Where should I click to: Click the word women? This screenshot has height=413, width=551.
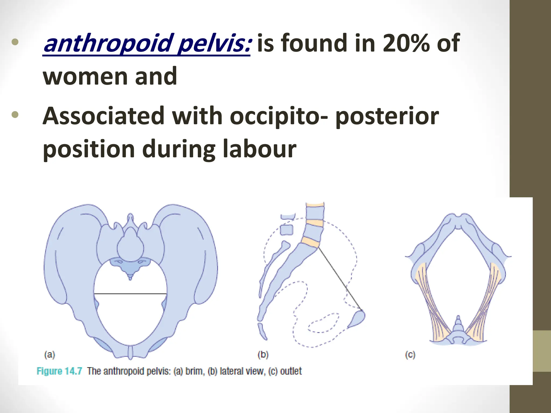pyautogui.click(x=85, y=76)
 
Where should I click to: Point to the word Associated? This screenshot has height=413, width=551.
pyautogui.click(x=103, y=116)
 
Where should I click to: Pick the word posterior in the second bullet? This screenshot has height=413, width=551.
pyautogui.click(x=387, y=116)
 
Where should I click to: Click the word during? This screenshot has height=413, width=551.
pyautogui.click(x=179, y=149)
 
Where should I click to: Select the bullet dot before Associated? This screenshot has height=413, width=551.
pyautogui.click(x=15, y=115)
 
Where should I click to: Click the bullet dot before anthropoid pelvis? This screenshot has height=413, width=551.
pyautogui.click(x=15, y=42)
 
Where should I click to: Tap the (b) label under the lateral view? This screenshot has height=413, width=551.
pyautogui.click(x=263, y=355)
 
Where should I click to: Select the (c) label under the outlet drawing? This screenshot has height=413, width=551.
pyautogui.click(x=410, y=355)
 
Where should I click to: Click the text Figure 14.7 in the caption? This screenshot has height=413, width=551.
pyautogui.click(x=59, y=371)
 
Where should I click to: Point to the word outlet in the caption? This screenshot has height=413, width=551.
pyautogui.click(x=291, y=371)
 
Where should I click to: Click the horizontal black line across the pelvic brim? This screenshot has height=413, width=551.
pyautogui.click(x=130, y=294)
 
